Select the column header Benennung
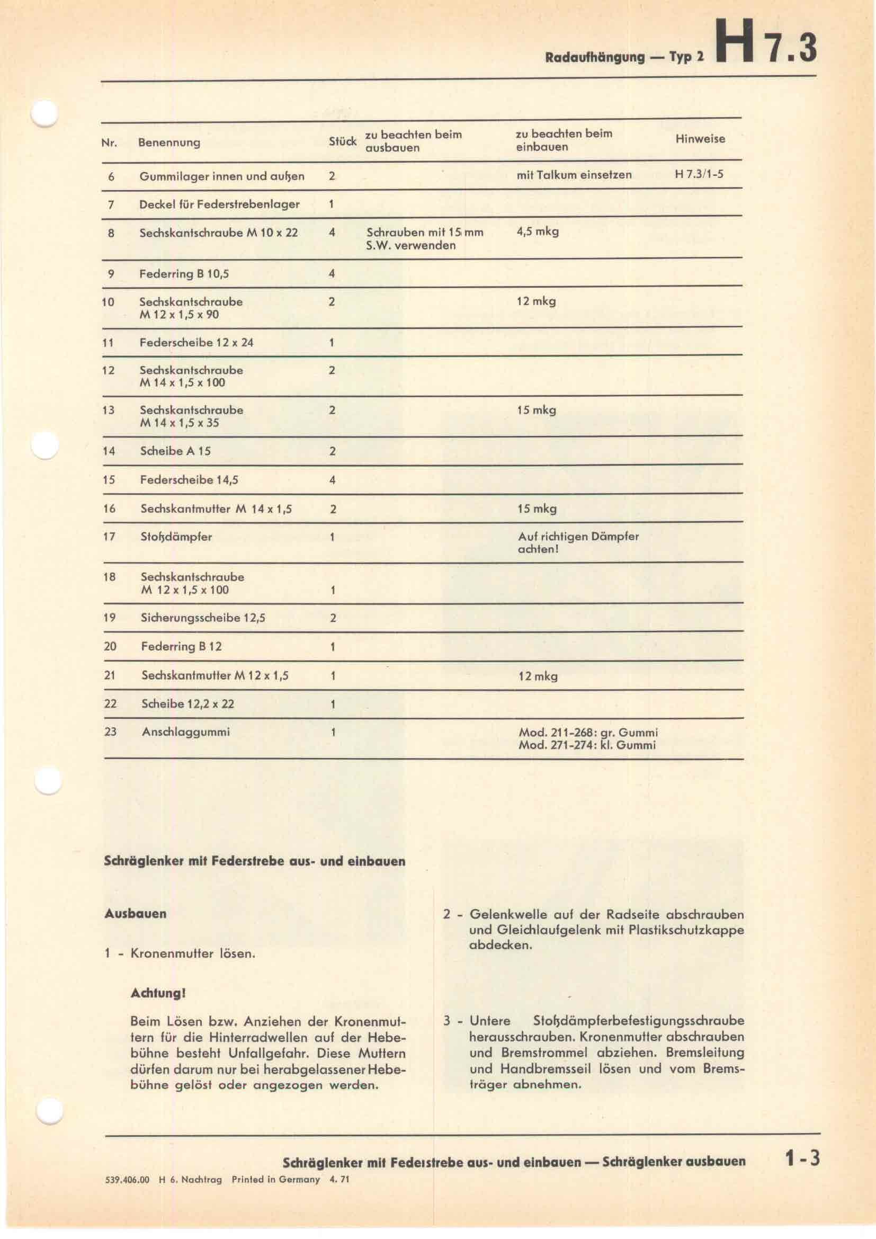(169, 142)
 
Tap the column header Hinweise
(700, 139)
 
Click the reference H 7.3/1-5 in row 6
(699, 175)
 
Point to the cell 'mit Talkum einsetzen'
(574, 175)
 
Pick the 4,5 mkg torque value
(537, 231)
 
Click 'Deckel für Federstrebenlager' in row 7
(219, 204)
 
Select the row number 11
(108, 342)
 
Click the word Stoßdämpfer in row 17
(176, 537)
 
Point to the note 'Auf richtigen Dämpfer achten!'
(578, 543)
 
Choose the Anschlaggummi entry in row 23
(185, 732)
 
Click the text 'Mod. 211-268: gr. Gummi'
(588, 732)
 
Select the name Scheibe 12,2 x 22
(187, 703)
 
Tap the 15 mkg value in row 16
(537, 509)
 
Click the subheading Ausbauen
(135, 914)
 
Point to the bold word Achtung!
(157, 993)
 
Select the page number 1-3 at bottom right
(802, 1158)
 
